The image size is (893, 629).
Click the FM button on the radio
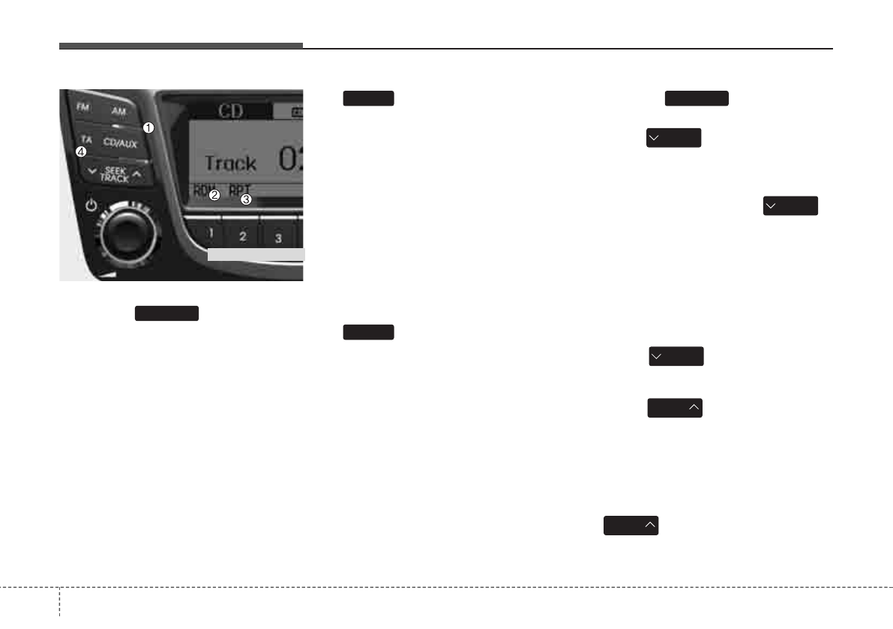pos(82,107)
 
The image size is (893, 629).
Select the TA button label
pos(86,139)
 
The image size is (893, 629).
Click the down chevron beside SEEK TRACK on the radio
pos(92,172)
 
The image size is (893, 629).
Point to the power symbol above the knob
pos(92,204)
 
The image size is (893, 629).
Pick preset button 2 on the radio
pos(243,237)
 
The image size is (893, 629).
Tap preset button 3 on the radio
pos(278,239)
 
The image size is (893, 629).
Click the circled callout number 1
pos(148,127)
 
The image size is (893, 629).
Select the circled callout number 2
pos(214,195)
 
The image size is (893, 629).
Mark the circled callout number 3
pos(245,199)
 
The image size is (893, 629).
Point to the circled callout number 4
pos(81,152)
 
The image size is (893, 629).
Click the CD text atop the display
pos(230,112)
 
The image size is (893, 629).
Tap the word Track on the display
pos(230,162)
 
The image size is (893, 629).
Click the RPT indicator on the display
pos(241,190)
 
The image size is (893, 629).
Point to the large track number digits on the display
pos(290,160)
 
